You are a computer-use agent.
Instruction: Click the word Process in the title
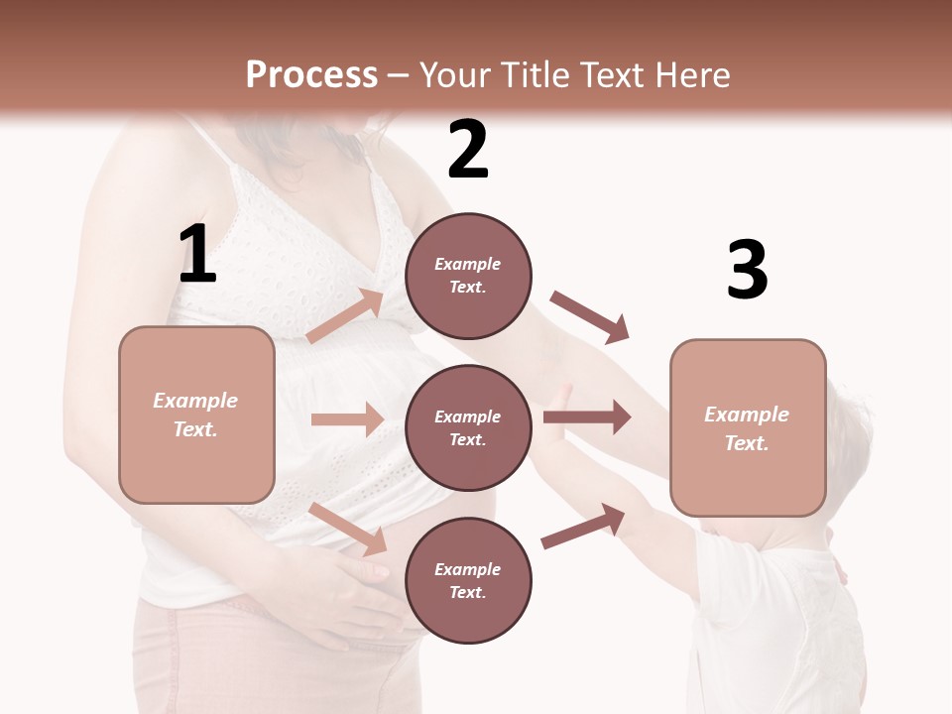311,75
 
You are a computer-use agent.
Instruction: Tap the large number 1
197,254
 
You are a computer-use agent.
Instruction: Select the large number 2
468,150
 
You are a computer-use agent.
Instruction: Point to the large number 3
747,270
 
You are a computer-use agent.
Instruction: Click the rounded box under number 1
196,415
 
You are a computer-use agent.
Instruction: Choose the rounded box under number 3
748,428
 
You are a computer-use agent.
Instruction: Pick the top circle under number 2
468,275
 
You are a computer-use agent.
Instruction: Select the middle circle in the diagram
468,427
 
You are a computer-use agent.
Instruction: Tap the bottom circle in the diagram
468,580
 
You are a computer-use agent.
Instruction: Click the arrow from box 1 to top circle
345,316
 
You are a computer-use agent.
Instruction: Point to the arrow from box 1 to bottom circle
348,529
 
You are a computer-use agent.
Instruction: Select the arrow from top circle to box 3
590,317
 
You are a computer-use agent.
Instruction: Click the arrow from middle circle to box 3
587,416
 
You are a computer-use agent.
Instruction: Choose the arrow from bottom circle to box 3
584,527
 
